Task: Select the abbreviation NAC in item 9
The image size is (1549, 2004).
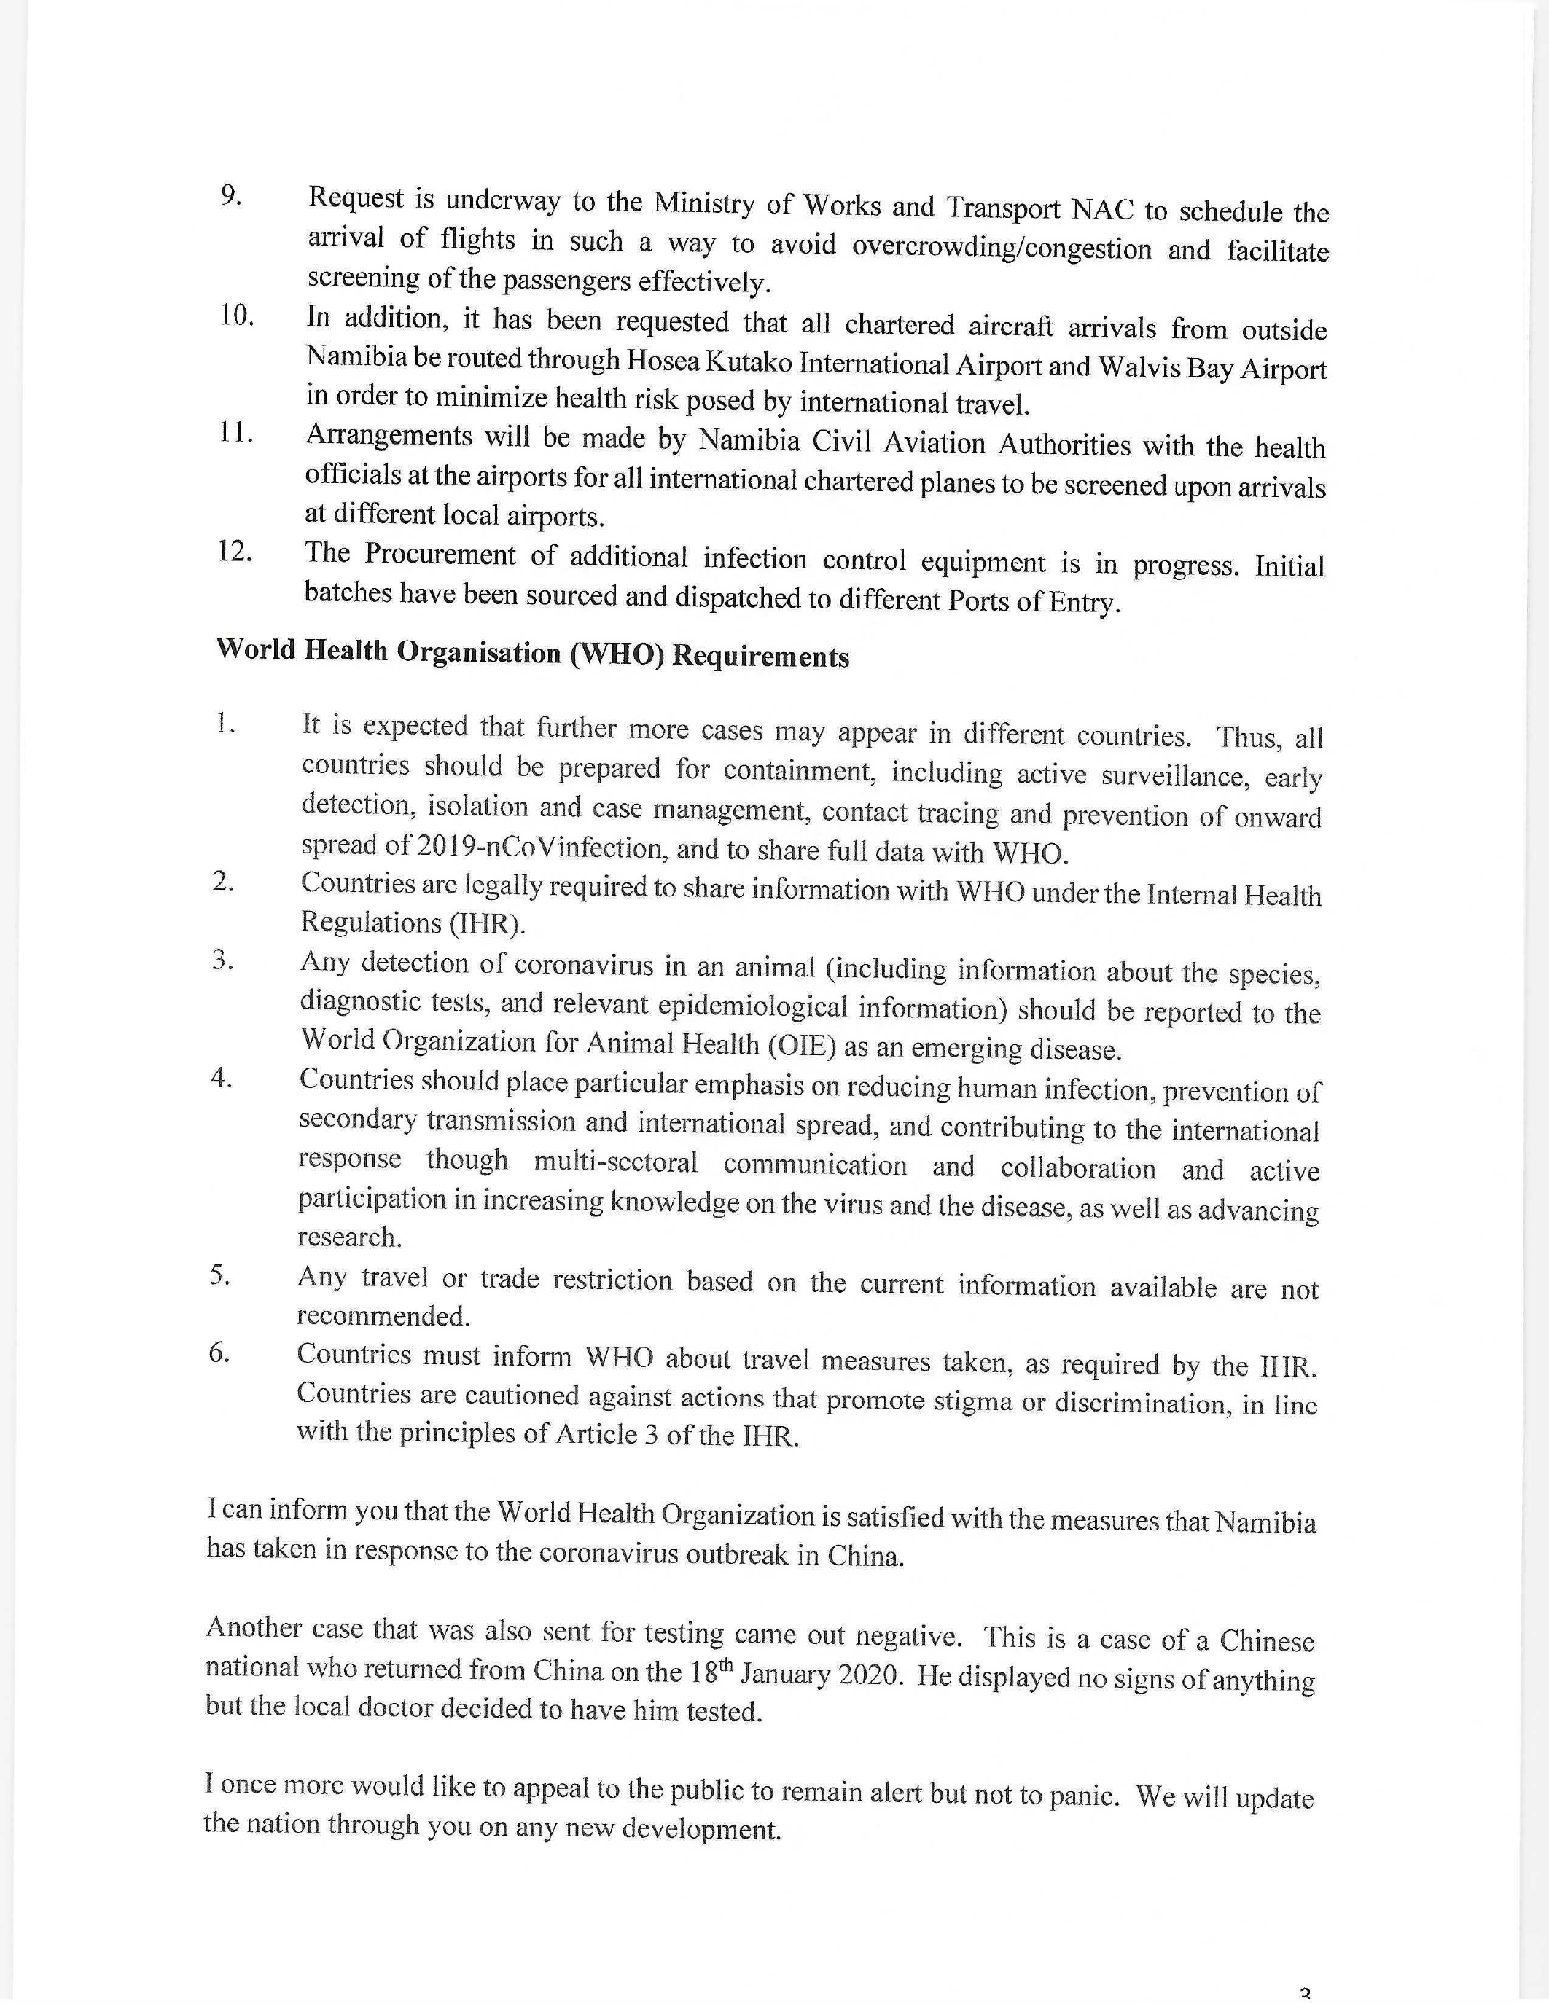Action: point(1103,210)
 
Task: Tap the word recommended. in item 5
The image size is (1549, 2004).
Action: point(383,1317)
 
